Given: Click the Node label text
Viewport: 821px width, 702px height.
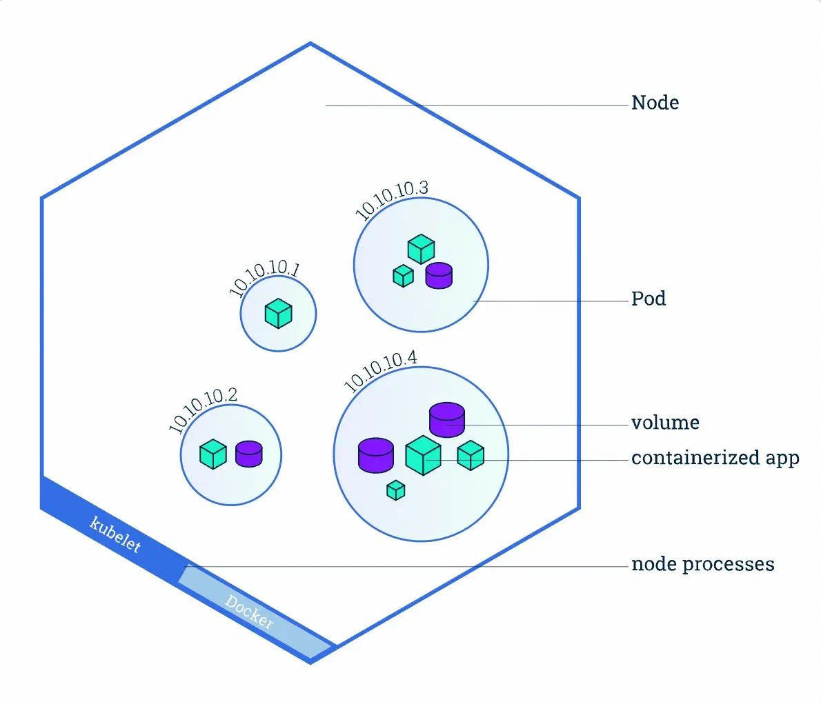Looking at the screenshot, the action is [655, 103].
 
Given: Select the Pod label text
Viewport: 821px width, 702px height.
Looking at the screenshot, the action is [649, 299].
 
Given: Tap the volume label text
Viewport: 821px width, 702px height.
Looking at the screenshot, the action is [665, 423].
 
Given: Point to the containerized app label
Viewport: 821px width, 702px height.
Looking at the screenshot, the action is [715, 458].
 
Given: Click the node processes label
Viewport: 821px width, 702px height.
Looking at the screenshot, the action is [702, 564].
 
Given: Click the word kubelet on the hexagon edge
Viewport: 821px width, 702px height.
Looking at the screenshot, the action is [115, 534].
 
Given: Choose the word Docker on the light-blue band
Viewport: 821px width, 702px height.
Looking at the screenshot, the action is [249, 612].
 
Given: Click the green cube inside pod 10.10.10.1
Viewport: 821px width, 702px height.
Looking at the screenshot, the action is [279, 313].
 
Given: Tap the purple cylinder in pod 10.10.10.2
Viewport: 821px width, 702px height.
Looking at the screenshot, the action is [248, 454].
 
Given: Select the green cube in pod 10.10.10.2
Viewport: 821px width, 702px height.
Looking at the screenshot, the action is [213, 454].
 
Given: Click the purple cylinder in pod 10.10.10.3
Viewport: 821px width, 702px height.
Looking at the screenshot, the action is [439, 275].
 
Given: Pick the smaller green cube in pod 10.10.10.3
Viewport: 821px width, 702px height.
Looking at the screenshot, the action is [403, 276].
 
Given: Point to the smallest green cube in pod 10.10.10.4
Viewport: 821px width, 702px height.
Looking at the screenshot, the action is [396, 490].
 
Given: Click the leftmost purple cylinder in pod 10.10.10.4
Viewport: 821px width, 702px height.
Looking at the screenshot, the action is [376, 455].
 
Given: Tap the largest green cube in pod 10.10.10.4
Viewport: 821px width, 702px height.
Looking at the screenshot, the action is [423, 455].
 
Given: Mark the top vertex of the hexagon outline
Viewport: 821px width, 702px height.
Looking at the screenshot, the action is [310, 43].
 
